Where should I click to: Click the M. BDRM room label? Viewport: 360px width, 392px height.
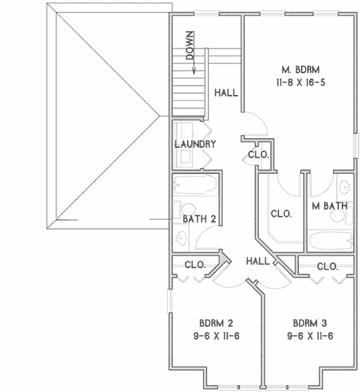(x=301, y=70)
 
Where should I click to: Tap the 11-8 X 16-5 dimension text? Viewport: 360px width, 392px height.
(x=301, y=82)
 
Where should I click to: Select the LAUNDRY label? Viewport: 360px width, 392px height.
(x=195, y=144)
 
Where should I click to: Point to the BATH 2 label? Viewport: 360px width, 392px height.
(x=199, y=219)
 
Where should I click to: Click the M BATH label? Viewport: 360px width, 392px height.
(x=330, y=206)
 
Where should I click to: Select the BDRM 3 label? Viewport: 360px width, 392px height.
(x=309, y=324)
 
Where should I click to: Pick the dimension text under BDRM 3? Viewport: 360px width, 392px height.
(x=309, y=336)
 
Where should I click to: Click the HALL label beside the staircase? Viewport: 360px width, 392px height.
(x=226, y=92)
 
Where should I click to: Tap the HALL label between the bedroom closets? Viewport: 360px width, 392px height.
(x=259, y=261)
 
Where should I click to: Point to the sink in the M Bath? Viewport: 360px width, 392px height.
(x=344, y=186)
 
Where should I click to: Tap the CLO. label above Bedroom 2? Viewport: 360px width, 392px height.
(x=195, y=265)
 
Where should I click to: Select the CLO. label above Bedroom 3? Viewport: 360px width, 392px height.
(x=327, y=267)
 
